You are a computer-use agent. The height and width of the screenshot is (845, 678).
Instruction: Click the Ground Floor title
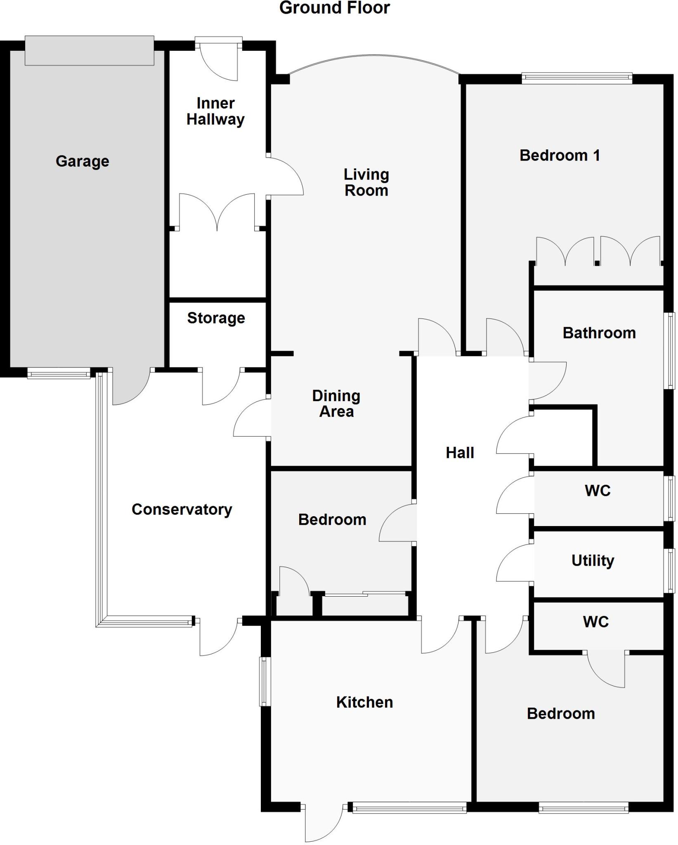pyautogui.click(x=334, y=8)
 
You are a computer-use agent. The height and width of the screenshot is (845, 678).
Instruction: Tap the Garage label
pyautogui.click(x=83, y=161)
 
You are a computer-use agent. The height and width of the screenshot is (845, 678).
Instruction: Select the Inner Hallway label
pyautogui.click(x=215, y=111)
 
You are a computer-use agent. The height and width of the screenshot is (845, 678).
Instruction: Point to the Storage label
pyautogui.click(x=216, y=318)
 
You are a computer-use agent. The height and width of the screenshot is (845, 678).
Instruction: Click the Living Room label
pyautogui.click(x=366, y=182)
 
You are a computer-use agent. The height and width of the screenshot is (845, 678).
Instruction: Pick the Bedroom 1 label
pyautogui.click(x=560, y=156)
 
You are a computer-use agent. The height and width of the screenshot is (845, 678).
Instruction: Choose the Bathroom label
pyautogui.click(x=599, y=333)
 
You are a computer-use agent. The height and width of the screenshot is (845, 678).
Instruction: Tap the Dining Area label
pyautogui.click(x=336, y=404)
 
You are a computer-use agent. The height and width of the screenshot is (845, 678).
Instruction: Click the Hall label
pyautogui.click(x=460, y=453)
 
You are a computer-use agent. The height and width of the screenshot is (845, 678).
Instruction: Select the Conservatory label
pyautogui.click(x=182, y=509)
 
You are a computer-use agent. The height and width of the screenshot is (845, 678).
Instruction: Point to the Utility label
pyautogui.click(x=593, y=560)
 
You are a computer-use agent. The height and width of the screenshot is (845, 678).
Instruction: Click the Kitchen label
pyautogui.click(x=364, y=702)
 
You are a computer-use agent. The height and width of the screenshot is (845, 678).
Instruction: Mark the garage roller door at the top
pyautogui.click(x=89, y=51)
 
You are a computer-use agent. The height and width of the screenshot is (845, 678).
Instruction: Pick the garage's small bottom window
pyautogui.click(x=59, y=374)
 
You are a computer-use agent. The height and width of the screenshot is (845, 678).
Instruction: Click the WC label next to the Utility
pyautogui.click(x=597, y=491)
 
